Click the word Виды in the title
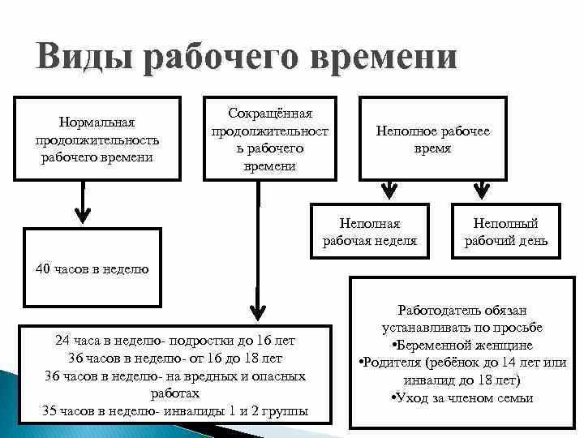click(82, 58)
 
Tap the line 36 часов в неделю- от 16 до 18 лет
click(175, 359)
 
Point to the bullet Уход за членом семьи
click(462, 397)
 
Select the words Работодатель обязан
click(462, 310)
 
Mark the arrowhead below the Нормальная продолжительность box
click(82, 216)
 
